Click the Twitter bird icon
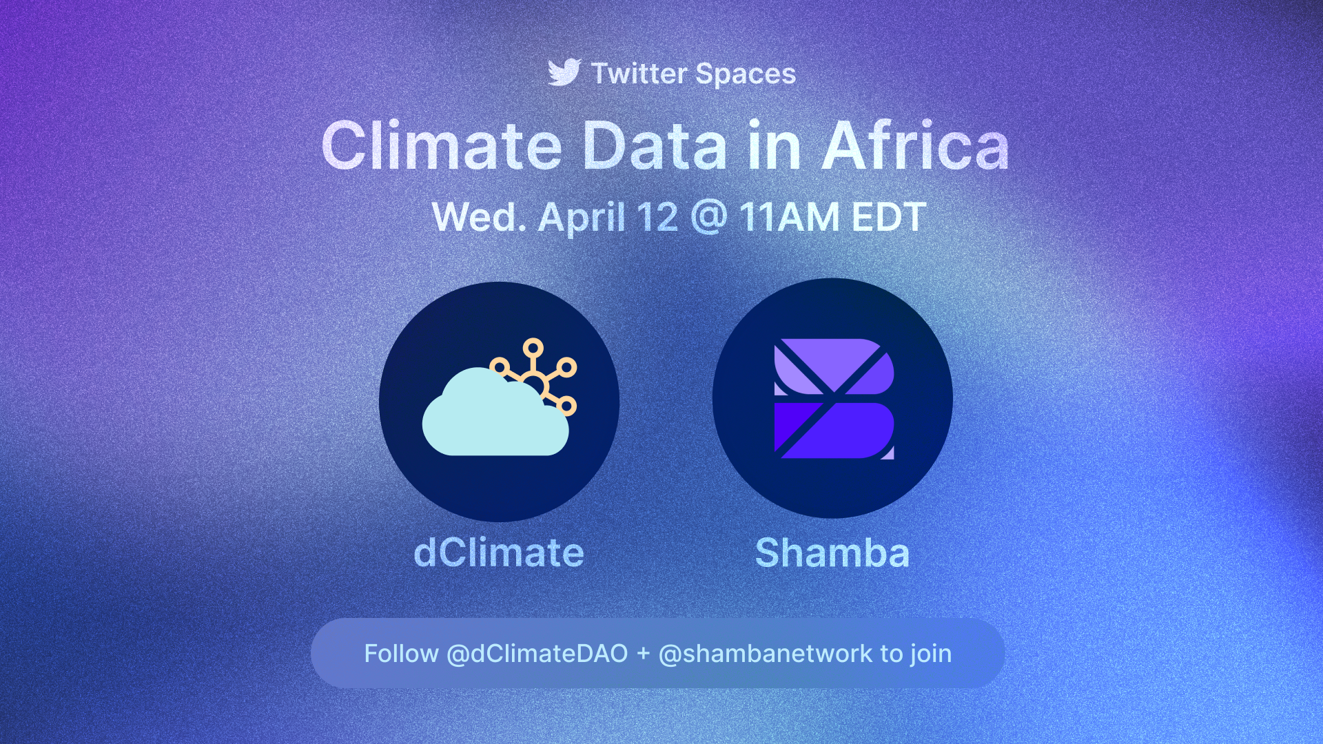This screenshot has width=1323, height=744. (564, 72)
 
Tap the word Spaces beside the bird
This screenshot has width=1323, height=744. (746, 74)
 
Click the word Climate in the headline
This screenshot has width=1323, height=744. (442, 146)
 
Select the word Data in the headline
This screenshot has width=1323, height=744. (655, 146)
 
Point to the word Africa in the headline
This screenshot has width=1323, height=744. (916, 146)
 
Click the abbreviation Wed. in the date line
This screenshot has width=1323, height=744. (479, 217)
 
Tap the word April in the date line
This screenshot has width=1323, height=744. (582, 218)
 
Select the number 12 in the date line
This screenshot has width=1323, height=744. (657, 217)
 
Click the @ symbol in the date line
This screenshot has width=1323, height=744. (708, 218)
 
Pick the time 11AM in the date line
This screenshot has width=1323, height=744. (790, 217)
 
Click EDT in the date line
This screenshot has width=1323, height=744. (889, 217)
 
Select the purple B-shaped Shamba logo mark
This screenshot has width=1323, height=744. (834, 399)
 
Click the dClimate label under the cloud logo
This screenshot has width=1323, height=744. (499, 552)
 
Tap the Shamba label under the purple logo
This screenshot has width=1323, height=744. (832, 552)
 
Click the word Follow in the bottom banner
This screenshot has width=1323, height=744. (401, 653)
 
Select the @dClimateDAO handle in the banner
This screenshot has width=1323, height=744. (537, 654)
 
